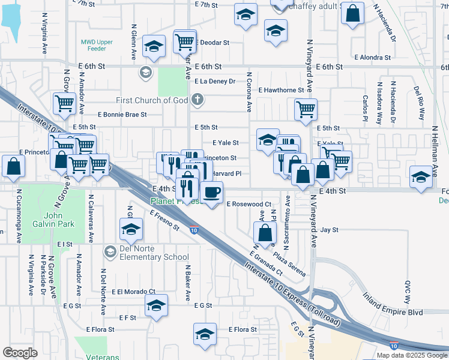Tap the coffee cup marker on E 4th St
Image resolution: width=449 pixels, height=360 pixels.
click(211, 193)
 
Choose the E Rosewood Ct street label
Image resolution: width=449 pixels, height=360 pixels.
click(249, 204)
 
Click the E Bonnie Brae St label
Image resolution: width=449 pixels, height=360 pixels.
click(122, 114)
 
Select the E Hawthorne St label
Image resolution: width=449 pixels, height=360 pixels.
click(282, 90)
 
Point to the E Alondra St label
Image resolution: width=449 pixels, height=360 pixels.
click(373, 58)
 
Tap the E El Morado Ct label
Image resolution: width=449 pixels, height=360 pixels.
click(132, 292)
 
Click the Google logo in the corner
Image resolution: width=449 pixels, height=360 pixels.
click(20, 353)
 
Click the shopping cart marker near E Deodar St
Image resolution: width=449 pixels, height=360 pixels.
click(185, 41)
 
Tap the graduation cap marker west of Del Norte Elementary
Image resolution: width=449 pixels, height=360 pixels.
click(131, 229)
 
